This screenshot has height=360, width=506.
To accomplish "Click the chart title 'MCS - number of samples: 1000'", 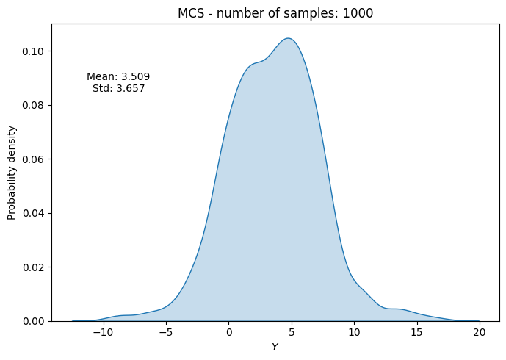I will coord(275,12).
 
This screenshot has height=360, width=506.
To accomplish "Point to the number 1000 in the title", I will coord(359,12).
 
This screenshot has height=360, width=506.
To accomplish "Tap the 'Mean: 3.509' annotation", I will coord(118,76).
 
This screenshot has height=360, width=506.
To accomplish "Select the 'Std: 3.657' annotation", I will coord(118,89).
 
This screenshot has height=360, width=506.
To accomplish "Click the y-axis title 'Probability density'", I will coord(12,173).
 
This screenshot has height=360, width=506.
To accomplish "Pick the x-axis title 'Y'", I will coord(275,347).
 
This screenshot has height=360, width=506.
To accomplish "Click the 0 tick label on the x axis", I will coord(229,334).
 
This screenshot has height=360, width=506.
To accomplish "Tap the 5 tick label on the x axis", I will coord(292,334).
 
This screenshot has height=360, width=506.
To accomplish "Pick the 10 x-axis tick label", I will coord(354,334).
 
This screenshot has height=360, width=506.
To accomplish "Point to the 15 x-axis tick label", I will coord(417,334).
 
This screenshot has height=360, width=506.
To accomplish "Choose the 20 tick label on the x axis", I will coord(480,334).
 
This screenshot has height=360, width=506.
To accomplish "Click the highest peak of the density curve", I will coord(289,38).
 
